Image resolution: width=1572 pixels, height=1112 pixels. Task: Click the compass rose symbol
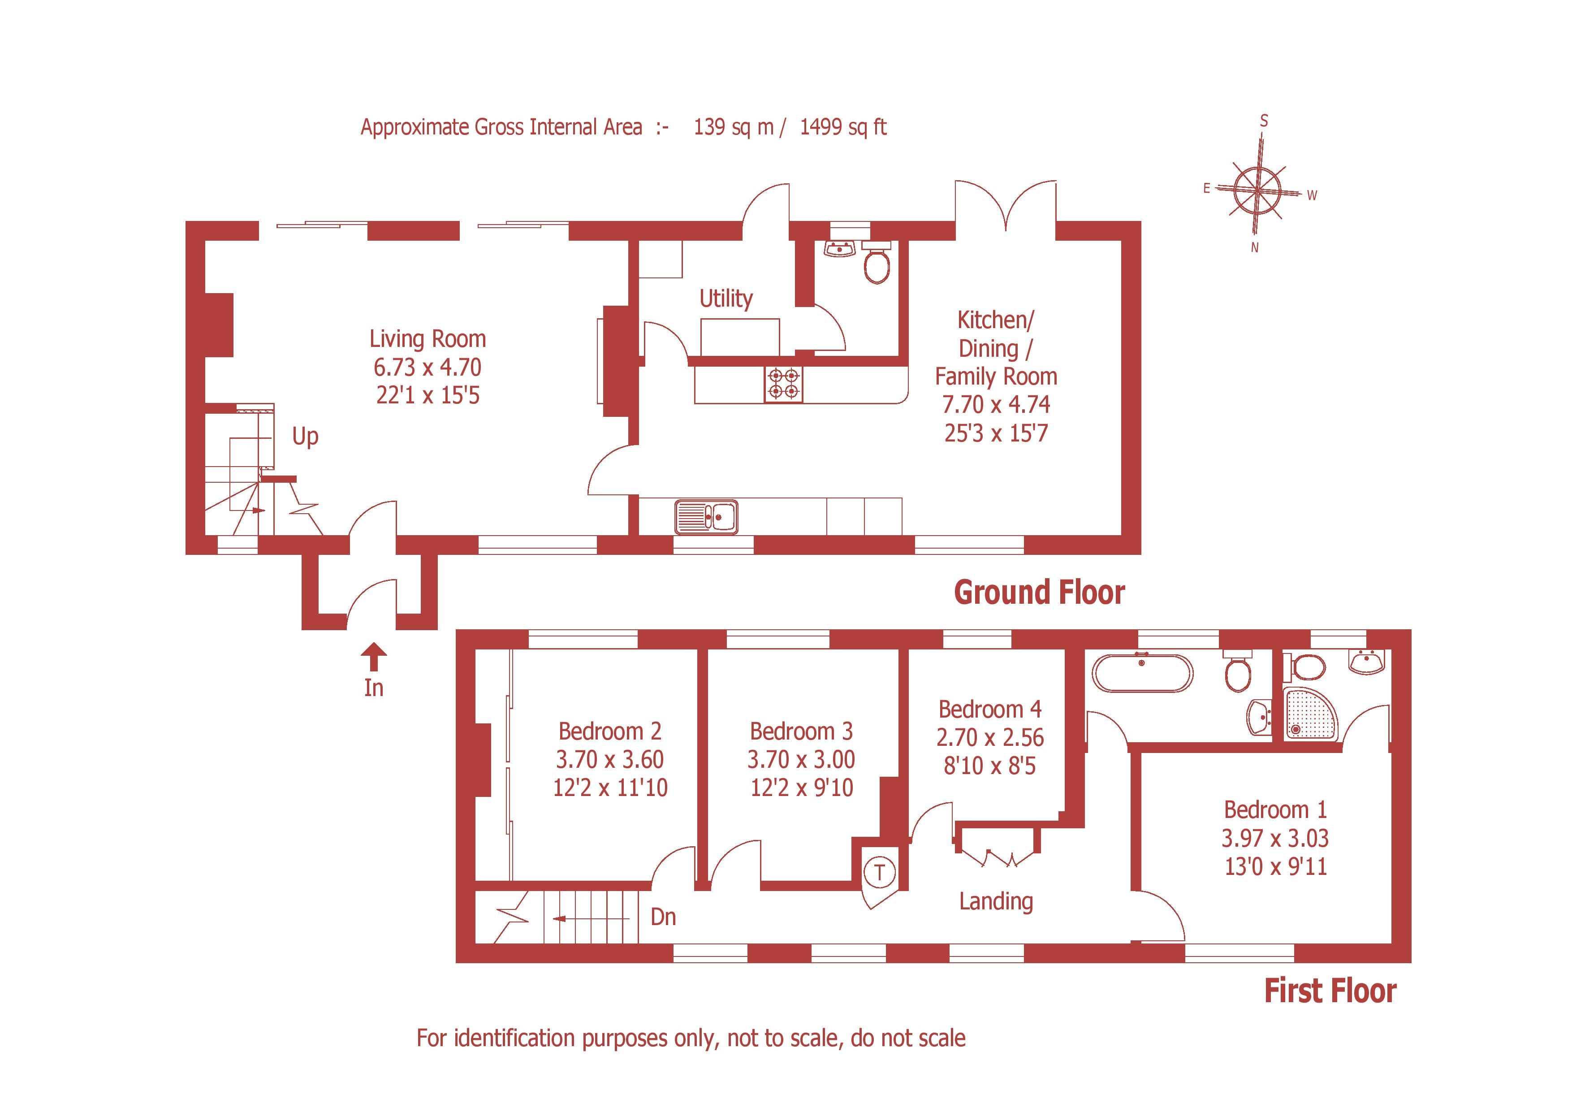[1258, 188]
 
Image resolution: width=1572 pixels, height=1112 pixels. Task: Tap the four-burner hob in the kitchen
[783, 384]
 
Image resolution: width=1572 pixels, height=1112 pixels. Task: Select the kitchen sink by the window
[706, 517]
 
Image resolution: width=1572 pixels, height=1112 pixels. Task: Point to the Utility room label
[726, 299]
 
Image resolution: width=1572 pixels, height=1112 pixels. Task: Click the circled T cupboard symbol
[880, 872]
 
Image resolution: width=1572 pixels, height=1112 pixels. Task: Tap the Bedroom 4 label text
[989, 710]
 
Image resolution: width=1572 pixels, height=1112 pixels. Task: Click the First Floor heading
[1330, 991]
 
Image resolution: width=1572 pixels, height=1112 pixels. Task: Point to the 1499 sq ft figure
[843, 127]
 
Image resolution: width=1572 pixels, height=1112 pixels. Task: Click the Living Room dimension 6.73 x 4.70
[427, 368]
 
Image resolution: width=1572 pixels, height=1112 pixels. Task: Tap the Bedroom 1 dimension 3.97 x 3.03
[1275, 838]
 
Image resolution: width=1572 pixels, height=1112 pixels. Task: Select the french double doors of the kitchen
[1005, 205]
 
